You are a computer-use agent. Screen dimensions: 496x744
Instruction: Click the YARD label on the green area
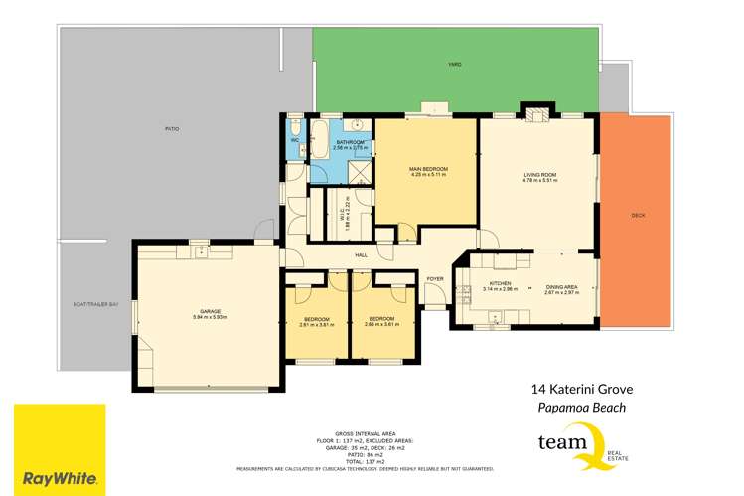tap(454, 65)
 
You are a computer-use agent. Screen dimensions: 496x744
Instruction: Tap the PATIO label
tap(172, 129)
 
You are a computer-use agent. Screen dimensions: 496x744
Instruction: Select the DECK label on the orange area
tap(639, 215)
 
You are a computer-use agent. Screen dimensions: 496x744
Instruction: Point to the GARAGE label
tap(210, 311)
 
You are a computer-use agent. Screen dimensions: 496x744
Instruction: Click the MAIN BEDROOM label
tap(428, 170)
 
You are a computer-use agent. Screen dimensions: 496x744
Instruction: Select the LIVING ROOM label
tap(539, 176)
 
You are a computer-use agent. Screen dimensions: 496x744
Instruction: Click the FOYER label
tap(435, 279)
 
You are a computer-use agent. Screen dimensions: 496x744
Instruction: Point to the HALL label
tap(362, 255)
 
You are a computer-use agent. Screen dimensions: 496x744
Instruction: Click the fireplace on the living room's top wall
tap(536, 115)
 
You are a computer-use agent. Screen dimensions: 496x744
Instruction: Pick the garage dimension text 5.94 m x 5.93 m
tap(210, 317)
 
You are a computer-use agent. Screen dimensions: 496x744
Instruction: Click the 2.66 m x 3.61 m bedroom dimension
tap(381, 325)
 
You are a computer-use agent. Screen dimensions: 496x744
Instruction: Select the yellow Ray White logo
tap(60, 447)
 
